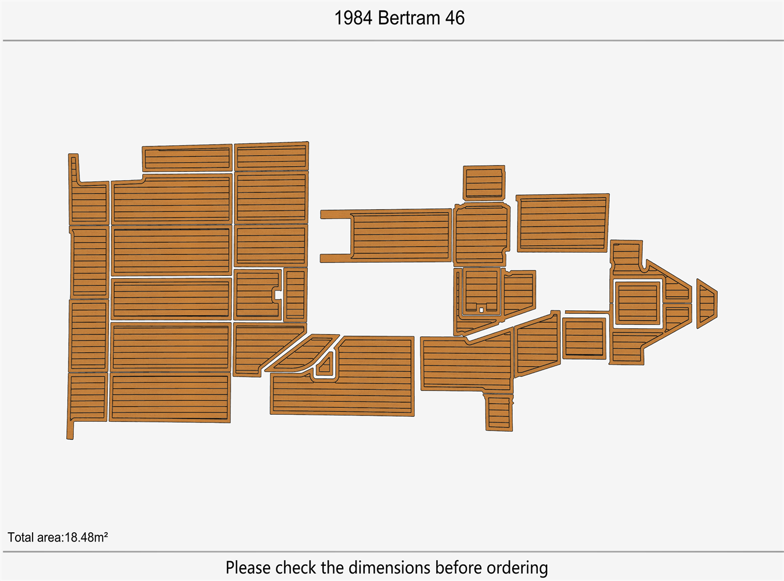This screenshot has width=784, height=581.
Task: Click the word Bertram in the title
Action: pyautogui.click(x=409, y=18)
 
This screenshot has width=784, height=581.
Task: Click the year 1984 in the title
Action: pyautogui.click(x=353, y=18)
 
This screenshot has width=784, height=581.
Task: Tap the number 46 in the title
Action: pyautogui.click(x=455, y=18)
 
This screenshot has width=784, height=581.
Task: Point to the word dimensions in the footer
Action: pyautogui.click(x=390, y=567)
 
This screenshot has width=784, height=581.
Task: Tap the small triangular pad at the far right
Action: pyautogui.click(x=706, y=303)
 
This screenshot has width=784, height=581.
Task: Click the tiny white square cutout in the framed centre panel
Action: pyautogui.click(x=481, y=310)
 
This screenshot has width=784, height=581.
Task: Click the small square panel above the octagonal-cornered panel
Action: pyautogui.click(x=484, y=183)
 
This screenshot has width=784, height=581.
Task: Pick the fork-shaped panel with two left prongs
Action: pyautogui.click(x=386, y=236)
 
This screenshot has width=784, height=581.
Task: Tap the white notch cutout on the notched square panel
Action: pyautogui.click(x=277, y=295)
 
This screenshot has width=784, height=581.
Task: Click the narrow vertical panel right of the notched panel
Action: pyautogui.click(x=296, y=295)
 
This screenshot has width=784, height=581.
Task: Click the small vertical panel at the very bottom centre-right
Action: pyautogui.click(x=499, y=413)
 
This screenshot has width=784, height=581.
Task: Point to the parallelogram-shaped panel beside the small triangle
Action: pyautogui.click(x=301, y=353)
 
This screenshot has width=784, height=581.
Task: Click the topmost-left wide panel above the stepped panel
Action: pyautogui.click(x=188, y=158)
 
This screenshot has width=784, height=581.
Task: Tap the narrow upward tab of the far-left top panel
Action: pyautogui.click(x=74, y=168)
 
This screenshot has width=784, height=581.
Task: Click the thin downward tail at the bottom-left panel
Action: pyautogui.click(x=70, y=430)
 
